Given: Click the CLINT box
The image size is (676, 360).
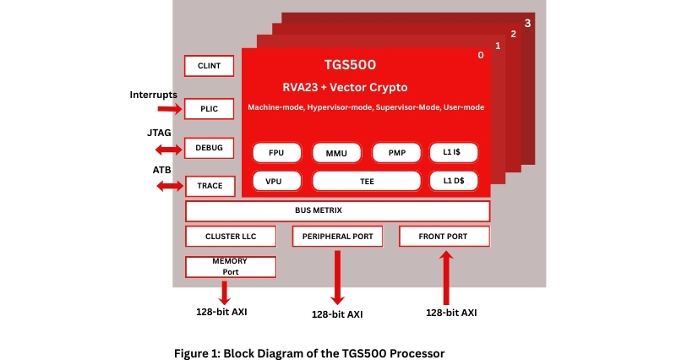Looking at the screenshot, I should click(209, 66).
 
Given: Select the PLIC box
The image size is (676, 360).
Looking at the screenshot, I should click(209, 109).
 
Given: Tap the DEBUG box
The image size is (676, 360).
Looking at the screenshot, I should click(209, 148).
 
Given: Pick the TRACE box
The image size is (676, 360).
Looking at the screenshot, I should click(209, 185).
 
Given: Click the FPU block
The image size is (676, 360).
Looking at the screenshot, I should click(276, 153).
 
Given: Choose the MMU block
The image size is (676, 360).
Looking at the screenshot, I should click(336, 153).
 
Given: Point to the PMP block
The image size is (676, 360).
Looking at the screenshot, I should click(396, 153).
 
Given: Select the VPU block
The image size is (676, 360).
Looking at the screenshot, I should click(276, 180).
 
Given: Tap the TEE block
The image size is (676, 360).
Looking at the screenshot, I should click(366, 180).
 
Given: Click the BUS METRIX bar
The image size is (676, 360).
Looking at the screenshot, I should click(337, 210).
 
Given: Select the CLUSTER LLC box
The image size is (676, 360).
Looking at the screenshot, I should click(230, 236).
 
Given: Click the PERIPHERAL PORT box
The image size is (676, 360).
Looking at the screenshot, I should click(337, 236).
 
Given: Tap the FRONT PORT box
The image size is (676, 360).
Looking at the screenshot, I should click(444, 236).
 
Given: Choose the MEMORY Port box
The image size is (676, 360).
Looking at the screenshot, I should click(230, 267).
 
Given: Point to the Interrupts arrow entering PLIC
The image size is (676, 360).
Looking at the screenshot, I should click(169, 109).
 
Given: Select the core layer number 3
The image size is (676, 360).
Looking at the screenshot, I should click(527, 23).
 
